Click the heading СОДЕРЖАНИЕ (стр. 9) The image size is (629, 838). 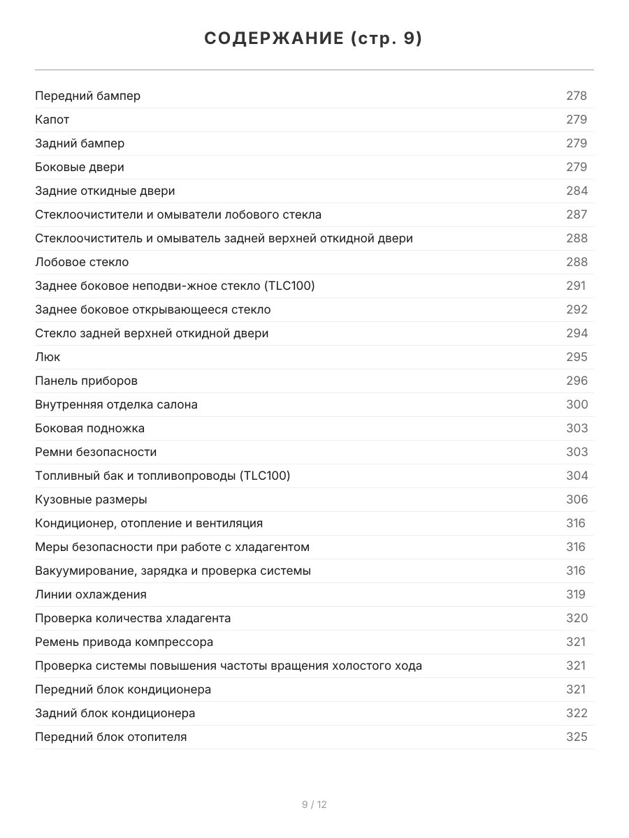click(x=314, y=39)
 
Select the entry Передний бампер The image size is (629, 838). click(x=87, y=96)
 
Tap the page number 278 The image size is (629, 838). click(x=577, y=96)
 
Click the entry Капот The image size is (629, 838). click(x=52, y=119)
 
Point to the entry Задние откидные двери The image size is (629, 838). click(x=105, y=191)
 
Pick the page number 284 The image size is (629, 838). click(x=577, y=191)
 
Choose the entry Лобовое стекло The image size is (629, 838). click(x=82, y=262)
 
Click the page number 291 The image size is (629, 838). click(x=576, y=286)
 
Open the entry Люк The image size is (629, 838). click(x=48, y=357)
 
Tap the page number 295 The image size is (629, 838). click(x=577, y=357)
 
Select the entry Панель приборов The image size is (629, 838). click(x=86, y=381)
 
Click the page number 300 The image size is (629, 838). click(x=577, y=404)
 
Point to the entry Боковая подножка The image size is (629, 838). click(x=89, y=428)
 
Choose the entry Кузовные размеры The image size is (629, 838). click(x=91, y=499)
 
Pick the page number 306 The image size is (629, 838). click(x=577, y=499)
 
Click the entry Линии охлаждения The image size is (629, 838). click(x=91, y=594)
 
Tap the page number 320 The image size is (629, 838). click(x=577, y=618)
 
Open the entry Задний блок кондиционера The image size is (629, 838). click(x=115, y=713)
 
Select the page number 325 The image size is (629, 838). click(x=577, y=737)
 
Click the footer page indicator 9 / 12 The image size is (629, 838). click(x=314, y=804)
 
